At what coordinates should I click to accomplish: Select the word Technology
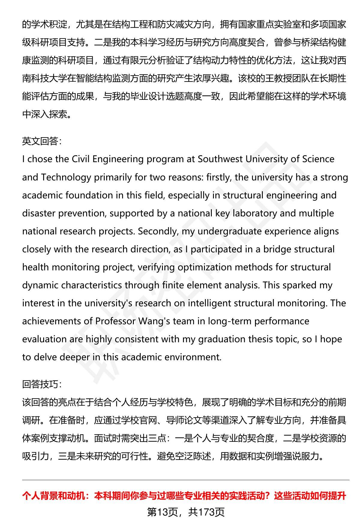pos(66,177)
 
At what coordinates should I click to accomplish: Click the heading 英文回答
pos(40,141)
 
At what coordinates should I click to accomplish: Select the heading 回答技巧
pos(40,384)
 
